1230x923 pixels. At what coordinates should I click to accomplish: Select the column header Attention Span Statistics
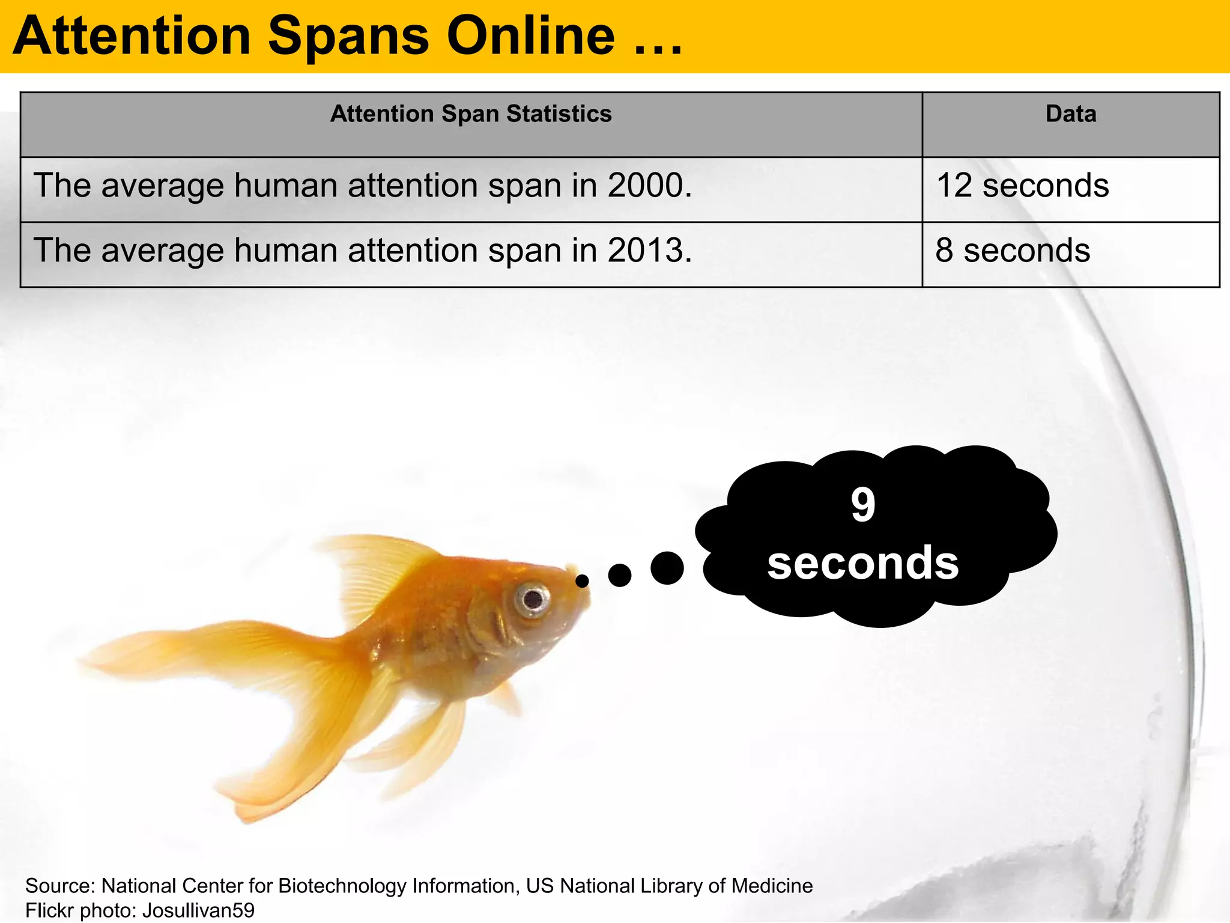(471, 114)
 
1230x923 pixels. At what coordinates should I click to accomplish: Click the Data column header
(1071, 114)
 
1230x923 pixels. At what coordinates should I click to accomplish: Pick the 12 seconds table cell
(1022, 186)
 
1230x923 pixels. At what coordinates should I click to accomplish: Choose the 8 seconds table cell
(1013, 251)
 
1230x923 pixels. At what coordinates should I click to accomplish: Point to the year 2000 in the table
(645, 186)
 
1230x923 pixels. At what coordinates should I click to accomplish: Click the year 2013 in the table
(645, 251)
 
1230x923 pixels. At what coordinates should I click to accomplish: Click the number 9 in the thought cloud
(863, 505)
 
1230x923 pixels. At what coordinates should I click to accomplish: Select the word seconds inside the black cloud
(863, 563)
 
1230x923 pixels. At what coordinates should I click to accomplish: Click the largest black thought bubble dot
(667, 568)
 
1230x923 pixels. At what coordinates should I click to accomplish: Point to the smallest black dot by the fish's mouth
(582, 581)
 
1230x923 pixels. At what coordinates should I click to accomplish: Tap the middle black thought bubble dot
(620, 575)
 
